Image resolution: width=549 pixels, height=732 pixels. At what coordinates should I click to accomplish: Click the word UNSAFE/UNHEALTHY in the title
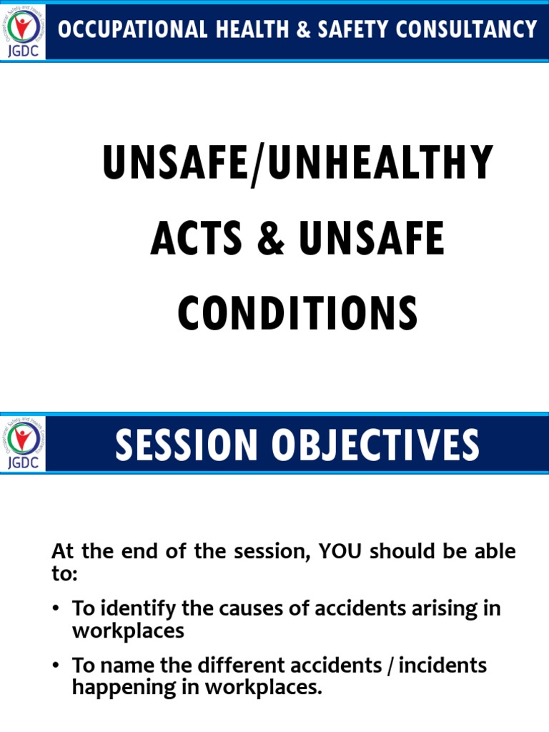point(298,164)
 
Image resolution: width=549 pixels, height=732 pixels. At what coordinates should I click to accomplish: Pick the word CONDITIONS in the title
point(298,314)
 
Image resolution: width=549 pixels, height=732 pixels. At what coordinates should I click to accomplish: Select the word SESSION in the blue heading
point(185,444)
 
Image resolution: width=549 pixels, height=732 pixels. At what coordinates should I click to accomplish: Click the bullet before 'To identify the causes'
point(56,609)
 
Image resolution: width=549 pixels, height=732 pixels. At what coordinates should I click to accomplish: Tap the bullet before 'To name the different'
point(56,666)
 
